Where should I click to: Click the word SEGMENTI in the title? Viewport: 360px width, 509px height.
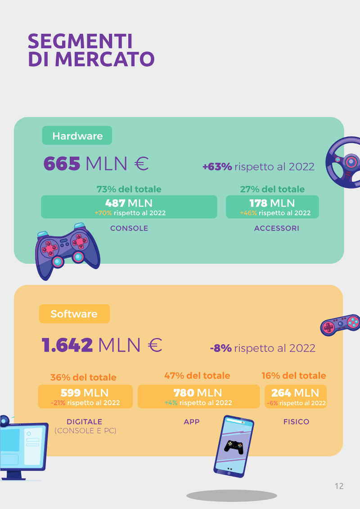(x=80, y=41)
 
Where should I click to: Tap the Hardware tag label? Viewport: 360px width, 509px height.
(x=77, y=136)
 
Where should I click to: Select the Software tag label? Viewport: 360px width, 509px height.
(x=74, y=314)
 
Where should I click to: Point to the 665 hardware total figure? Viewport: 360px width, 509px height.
(x=62, y=163)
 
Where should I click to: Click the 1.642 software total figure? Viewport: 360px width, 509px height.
(x=67, y=345)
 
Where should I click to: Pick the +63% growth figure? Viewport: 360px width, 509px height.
(x=217, y=167)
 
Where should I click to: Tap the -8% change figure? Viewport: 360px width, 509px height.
(x=221, y=348)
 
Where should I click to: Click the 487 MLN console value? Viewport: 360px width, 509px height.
(x=129, y=203)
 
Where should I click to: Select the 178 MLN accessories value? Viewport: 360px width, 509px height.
(x=272, y=203)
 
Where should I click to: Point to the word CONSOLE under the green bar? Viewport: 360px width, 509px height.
(x=129, y=228)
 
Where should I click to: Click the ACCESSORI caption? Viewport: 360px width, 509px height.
(x=277, y=228)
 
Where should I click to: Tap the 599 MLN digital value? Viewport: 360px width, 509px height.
(x=85, y=393)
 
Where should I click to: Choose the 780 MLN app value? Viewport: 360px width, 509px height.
(x=198, y=393)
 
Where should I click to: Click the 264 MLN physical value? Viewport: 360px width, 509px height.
(x=295, y=393)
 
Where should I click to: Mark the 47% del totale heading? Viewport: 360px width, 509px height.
(x=197, y=376)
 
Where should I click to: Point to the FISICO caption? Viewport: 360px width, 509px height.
(x=297, y=422)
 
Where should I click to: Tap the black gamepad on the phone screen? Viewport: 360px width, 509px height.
(x=234, y=447)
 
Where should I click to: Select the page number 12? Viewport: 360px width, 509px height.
(x=339, y=486)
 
